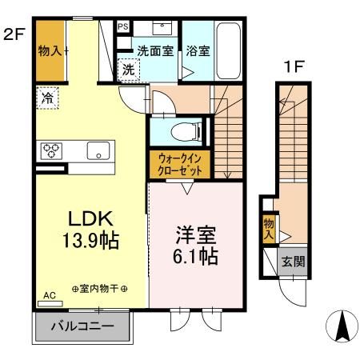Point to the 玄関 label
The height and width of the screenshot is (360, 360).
point(292,262)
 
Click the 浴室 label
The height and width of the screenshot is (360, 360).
point(198,51)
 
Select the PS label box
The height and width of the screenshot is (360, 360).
point(122,26)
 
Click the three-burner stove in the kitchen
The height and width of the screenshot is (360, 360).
point(51,150)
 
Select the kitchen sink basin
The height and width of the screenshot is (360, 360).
point(99,150)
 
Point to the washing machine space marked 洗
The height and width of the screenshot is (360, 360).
point(129,70)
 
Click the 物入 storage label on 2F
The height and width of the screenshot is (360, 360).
point(50,51)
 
